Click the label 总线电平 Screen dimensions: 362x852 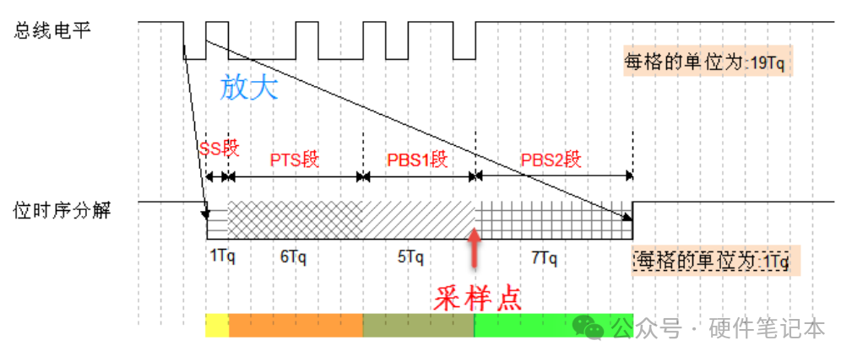point(52,30)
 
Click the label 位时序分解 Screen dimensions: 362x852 point(62,209)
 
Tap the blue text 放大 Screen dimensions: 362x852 point(248,87)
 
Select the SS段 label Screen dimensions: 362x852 point(220,149)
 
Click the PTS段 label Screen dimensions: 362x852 point(294,159)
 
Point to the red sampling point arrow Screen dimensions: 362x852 point(475,249)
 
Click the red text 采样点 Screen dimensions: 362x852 point(477,298)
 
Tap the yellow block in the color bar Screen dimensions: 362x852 point(217,326)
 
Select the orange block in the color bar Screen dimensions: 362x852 point(295,326)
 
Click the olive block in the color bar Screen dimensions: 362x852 point(418,326)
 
